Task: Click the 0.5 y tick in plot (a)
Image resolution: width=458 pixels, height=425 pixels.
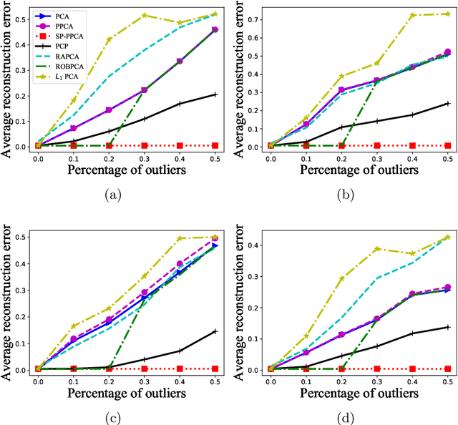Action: pyautogui.click(x=24, y=14)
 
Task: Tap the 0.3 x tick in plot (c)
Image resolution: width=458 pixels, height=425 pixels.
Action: pyautogui.click(x=145, y=380)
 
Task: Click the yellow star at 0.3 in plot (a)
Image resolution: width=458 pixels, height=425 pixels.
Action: pyautogui.click(x=145, y=15)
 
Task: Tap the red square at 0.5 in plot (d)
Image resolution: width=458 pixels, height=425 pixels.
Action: pyautogui.click(x=447, y=368)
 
